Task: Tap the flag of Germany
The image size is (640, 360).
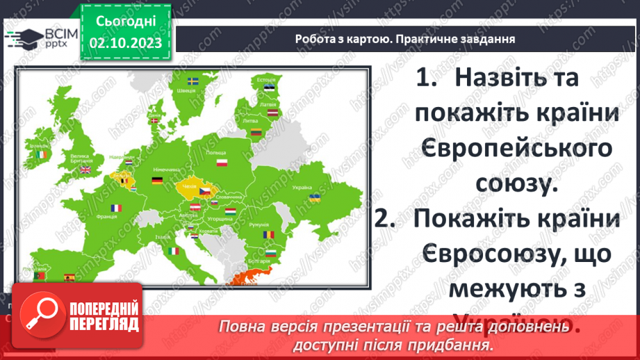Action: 158,182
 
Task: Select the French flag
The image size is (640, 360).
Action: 116,207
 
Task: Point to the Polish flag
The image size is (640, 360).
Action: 222,163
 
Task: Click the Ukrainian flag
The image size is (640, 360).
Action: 314,198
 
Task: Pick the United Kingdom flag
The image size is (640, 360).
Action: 85,169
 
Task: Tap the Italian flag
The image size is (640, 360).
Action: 172,249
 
